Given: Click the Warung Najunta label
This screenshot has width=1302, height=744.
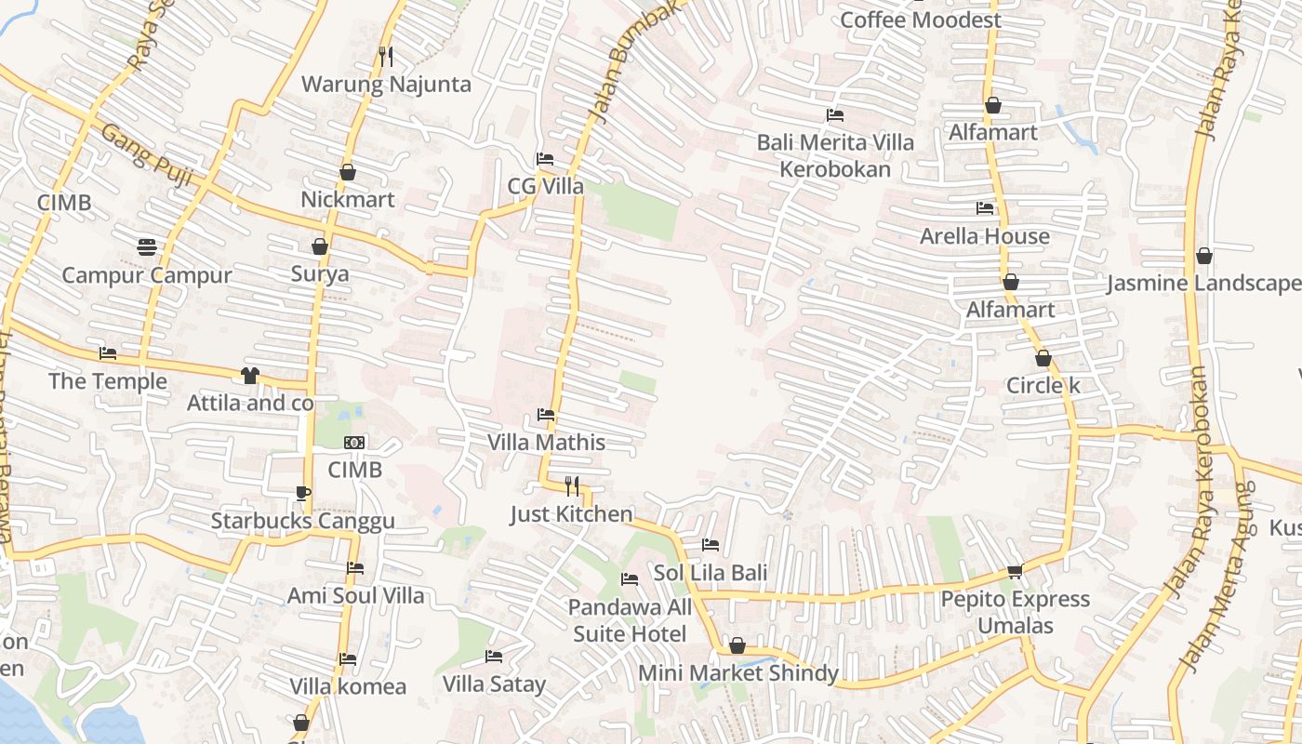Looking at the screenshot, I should point(386,85).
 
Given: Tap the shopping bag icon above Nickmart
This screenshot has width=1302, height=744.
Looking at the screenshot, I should point(348,172).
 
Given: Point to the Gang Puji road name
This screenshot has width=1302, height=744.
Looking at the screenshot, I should point(146,154).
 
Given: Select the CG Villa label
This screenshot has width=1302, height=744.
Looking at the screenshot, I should point(546,186).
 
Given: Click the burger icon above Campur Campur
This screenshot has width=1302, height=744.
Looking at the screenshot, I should point(146,246).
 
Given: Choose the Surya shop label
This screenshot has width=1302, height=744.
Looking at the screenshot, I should point(320,273).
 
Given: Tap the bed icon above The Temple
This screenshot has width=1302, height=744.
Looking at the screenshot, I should point(108,353).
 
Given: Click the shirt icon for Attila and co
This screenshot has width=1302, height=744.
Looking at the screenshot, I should point(249,376).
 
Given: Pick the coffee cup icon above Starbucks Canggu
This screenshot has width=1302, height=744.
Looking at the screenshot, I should point(302,493).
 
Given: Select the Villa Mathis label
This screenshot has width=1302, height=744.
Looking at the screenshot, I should point(547,443).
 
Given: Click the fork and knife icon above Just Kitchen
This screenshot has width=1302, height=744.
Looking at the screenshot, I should point(572,485).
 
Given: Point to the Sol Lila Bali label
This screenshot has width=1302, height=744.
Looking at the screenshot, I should point(711,573).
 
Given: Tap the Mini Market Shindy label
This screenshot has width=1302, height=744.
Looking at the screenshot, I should point(738,673).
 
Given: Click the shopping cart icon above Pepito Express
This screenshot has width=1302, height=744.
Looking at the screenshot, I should point(1015,571).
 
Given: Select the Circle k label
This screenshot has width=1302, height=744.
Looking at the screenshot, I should point(1043,385).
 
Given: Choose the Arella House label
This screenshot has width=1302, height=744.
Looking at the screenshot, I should point(985,236).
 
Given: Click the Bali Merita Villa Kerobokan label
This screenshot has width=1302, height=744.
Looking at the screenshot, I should point(835,155).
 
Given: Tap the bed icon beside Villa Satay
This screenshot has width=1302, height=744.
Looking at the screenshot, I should point(494,657).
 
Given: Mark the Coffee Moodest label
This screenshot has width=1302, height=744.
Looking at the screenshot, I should point(921,20).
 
